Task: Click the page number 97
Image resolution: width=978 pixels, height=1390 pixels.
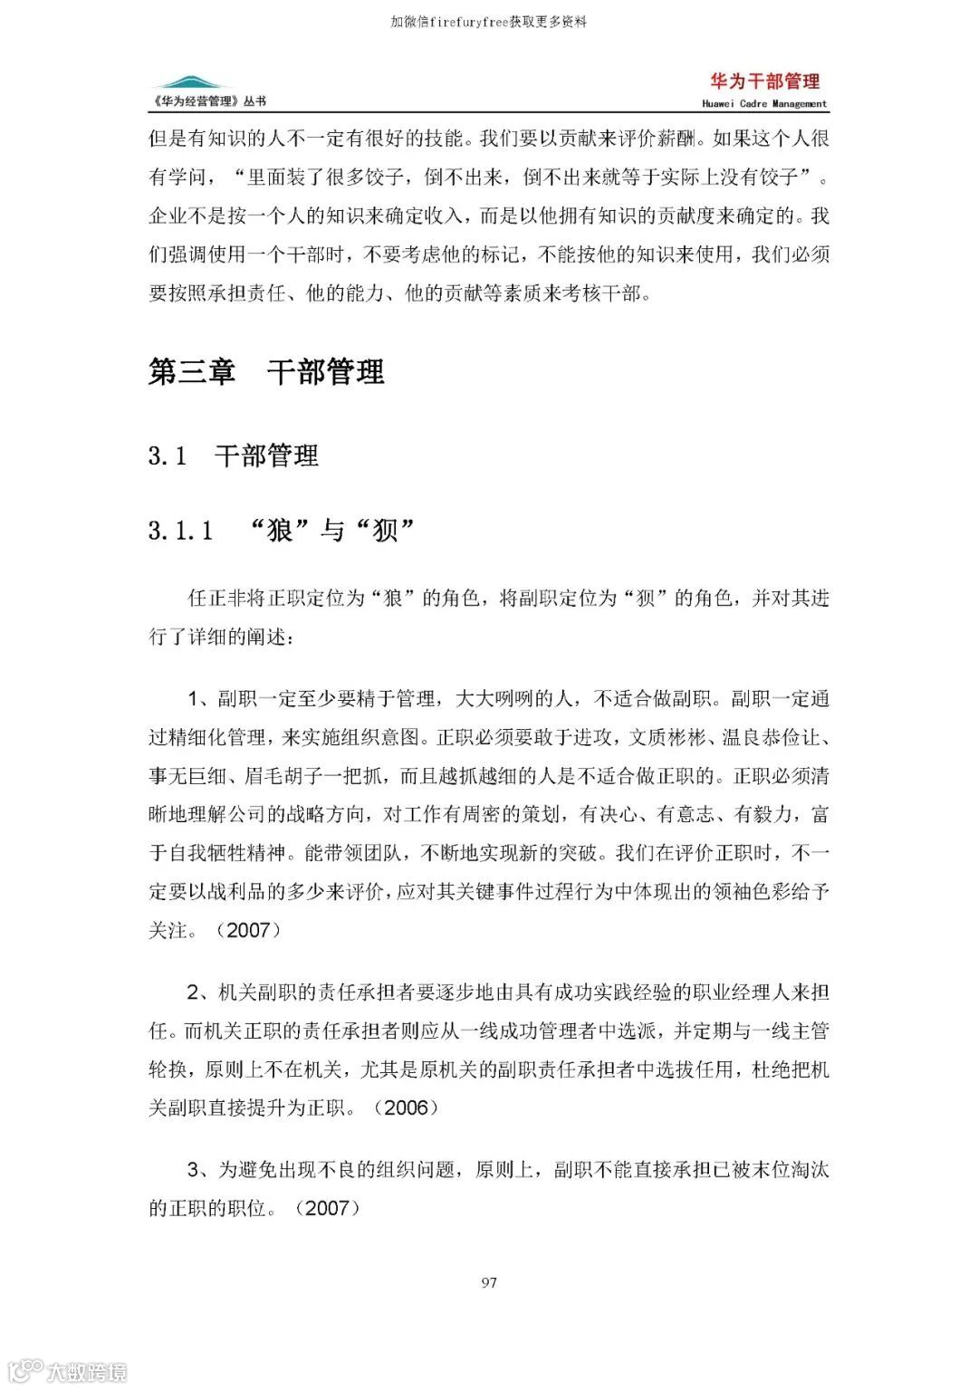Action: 489,1282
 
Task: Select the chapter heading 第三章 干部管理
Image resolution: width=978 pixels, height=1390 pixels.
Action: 266,372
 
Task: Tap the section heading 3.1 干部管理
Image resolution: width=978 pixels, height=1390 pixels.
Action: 233,455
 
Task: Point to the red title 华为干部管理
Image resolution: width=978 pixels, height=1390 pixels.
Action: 764,81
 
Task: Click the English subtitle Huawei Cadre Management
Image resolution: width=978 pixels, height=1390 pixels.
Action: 764,104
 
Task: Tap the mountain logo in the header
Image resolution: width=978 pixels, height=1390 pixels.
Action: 189,83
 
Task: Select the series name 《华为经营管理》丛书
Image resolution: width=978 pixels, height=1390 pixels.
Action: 209,101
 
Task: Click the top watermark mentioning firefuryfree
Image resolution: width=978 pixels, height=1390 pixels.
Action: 489,22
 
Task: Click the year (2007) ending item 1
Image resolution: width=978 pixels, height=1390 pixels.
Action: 247,930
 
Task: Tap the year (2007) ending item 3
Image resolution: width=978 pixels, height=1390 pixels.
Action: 327,1208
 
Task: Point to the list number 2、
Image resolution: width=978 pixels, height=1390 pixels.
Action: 200,992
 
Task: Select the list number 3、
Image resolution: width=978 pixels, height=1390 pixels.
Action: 200,1170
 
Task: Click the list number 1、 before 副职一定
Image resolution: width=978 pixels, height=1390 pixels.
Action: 200,699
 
